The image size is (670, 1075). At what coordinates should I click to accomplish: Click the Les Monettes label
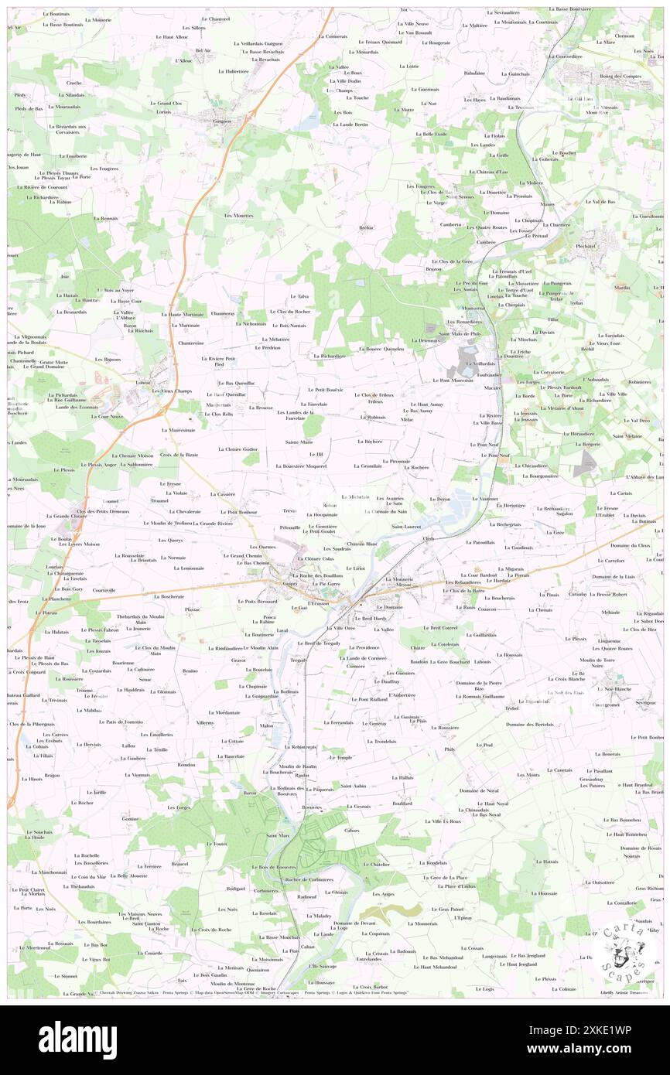coord(239,215)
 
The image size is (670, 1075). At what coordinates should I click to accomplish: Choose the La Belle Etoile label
coord(431,134)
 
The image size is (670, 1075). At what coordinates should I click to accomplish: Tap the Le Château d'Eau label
coord(489,172)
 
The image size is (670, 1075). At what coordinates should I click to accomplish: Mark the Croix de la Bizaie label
coord(179,455)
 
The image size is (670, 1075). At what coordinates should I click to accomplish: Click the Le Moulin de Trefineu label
coord(167,524)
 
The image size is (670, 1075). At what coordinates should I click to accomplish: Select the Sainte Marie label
coord(299,442)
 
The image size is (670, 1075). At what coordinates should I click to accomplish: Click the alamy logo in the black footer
coord(77,1039)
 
